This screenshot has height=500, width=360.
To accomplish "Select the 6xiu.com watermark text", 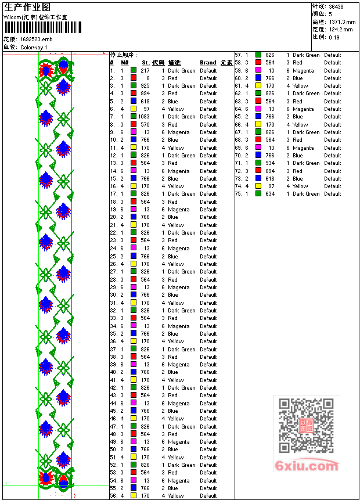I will pyautogui.click(x=307, y=466).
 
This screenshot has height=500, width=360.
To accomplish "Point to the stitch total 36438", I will pyautogui.click(x=336, y=7).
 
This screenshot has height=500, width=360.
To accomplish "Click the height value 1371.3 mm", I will pyautogui.click(x=341, y=21).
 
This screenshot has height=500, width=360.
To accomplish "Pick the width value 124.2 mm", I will pyautogui.click(x=340, y=29).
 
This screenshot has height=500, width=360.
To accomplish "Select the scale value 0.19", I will pyautogui.click(x=334, y=37).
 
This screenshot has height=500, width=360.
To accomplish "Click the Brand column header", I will pyautogui.click(x=208, y=63).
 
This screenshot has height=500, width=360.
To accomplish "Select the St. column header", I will pyautogui.click(x=145, y=63).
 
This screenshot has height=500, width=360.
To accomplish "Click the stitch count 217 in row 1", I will pyautogui.click(x=145, y=70).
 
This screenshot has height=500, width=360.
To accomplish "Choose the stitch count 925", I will pyautogui.click(x=145, y=86).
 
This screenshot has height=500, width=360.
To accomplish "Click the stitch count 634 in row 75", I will pyautogui.click(x=270, y=194).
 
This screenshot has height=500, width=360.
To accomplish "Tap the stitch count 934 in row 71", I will pyautogui.click(x=270, y=163).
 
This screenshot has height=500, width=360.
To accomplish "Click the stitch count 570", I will pyautogui.click(x=145, y=124).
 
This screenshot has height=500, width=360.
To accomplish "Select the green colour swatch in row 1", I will pyautogui.click(x=134, y=70).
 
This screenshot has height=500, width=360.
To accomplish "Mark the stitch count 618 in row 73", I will pyautogui.click(x=270, y=179).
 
